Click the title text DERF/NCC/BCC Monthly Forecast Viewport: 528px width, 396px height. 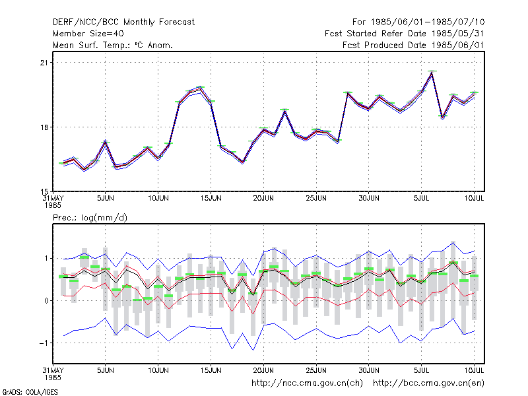pyautogui.click(x=123, y=22)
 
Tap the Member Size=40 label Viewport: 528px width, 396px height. pyautogui.click(x=88, y=34)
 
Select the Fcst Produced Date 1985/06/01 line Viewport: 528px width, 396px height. pyautogui.click(x=413, y=45)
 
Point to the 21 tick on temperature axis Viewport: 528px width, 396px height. pyautogui.click(x=44, y=63)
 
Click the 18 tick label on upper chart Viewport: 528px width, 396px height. pyautogui.click(x=44, y=127)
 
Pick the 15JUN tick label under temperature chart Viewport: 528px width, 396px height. pyautogui.click(x=211, y=199)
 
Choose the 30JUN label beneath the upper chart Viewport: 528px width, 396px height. pyautogui.click(x=369, y=199)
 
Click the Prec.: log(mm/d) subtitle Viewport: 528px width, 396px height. pyautogui.click(x=90, y=218)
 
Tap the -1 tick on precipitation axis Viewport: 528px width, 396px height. pyautogui.click(x=44, y=343)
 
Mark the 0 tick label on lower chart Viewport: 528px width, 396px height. pyautogui.click(x=46, y=301)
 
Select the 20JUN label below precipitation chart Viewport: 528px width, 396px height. pyautogui.click(x=263, y=370)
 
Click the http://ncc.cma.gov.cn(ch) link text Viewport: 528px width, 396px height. pyautogui.click(x=307, y=383)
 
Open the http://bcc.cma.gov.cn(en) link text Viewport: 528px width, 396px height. pyautogui.click(x=428, y=383)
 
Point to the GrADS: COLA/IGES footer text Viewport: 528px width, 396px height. pyautogui.click(x=30, y=392)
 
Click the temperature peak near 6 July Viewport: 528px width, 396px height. pyautogui.click(x=432, y=73)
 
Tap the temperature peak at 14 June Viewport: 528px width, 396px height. pyautogui.click(x=201, y=88)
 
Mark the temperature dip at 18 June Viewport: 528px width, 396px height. pyautogui.click(x=242, y=162)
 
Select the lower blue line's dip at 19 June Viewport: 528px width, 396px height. pyautogui.click(x=253, y=350)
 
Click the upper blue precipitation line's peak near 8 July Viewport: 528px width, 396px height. pyautogui.click(x=453, y=242)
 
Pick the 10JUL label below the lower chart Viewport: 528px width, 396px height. pyautogui.click(x=474, y=370)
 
